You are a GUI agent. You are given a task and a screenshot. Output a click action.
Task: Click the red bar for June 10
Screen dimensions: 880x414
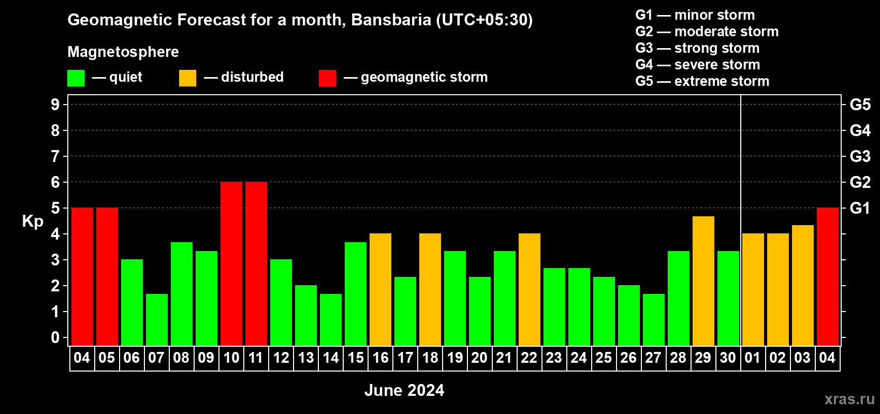pyautogui.click(x=231, y=263)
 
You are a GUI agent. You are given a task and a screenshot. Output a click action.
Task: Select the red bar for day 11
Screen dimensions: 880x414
pyautogui.click(x=256, y=263)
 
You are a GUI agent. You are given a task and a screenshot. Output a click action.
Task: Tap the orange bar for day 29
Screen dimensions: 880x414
pyautogui.click(x=703, y=281)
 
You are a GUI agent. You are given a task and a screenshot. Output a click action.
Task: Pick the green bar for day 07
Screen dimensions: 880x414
pyautogui.click(x=157, y=320)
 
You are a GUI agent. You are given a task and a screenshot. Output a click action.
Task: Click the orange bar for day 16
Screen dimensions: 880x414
pyautogui.click(x=380, y=289)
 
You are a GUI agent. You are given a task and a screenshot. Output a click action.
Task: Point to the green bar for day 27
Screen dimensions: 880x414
pyautogui.click(x=654, y=320)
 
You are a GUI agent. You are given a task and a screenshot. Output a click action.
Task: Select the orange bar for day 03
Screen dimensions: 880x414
pyautogui.click(x=802, y=285)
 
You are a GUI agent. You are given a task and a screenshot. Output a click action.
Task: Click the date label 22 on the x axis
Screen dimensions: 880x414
pyautogui.click(x=529, y=358)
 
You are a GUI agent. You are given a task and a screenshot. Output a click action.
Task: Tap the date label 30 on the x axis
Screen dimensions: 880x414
pyautogui.click(x=728, y=358)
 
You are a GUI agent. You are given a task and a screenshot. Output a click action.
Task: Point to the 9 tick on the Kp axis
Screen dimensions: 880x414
pyautogui.click(x=55, y=105)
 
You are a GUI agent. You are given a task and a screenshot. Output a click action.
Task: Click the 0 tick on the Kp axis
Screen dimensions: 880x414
pyautogui.click(x=55, y=337)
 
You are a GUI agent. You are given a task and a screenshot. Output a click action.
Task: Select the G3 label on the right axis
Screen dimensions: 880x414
pyautogui.click(x=860, y=156)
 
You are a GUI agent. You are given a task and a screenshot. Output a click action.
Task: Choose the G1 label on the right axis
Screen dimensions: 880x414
pyautogui.click(x=860, y=208)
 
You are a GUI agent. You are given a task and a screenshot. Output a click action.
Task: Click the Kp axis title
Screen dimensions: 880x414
pyautogui.click(x=33, y=221)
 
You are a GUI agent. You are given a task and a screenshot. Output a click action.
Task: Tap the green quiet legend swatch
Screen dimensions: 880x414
pyautogui.click(x=76, y=78)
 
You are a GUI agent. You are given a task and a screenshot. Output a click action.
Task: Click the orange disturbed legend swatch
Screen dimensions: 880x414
pyautogui.click(x=187, y=78)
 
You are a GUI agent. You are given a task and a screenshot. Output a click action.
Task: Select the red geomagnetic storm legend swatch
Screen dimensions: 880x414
pyautogui.click(x=328, y=78)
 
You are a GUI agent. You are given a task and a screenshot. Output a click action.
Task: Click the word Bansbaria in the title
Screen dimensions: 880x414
pyautogui.click(x=391, y=20)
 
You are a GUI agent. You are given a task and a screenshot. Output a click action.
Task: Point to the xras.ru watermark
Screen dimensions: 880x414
pyautogui.click(x=849, y=399)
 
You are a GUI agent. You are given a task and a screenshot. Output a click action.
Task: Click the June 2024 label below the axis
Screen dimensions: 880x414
pyautogui.click(x=404, y=390)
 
